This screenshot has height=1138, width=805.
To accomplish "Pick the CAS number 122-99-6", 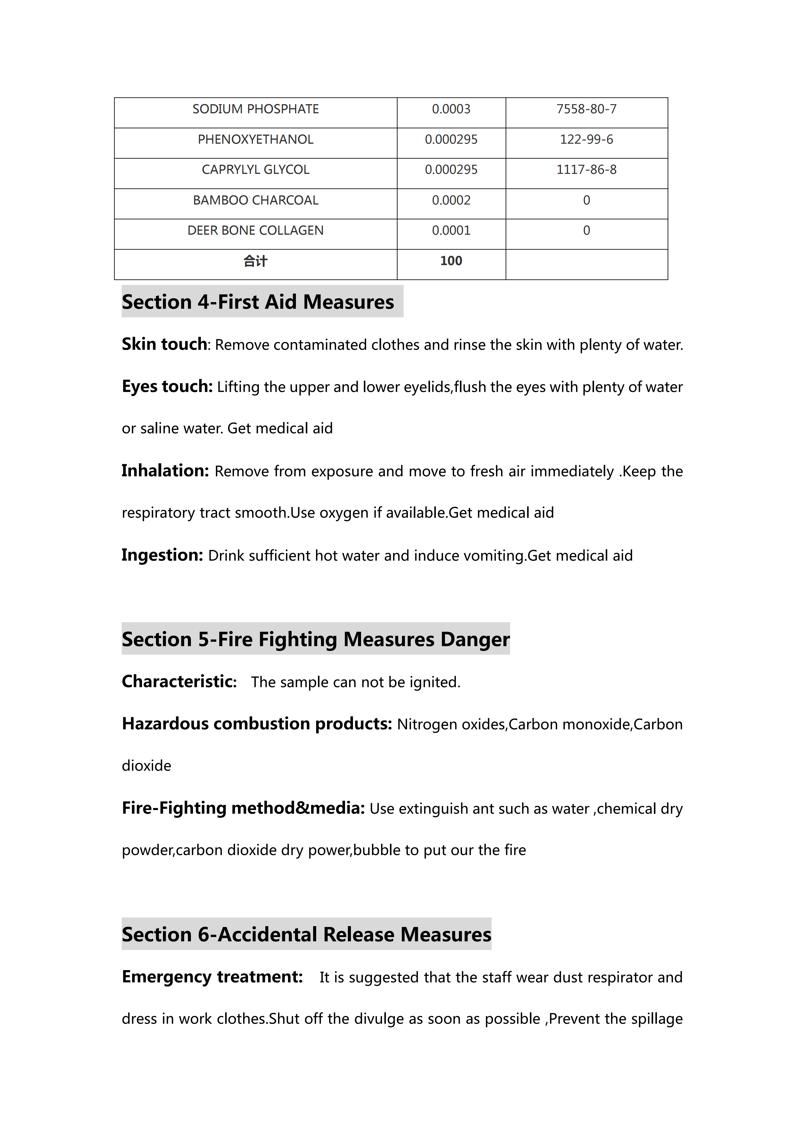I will [x=586, y=139].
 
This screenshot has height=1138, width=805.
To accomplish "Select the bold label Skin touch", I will [x=164, y=344].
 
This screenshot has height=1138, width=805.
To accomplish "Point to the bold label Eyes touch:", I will [x=167, y=386].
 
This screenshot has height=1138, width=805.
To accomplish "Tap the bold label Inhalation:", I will [x=165, y=470].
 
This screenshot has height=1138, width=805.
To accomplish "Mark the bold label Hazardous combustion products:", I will [x=257, y=724].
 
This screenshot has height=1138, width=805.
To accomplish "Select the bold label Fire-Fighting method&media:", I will [x=243, y=808].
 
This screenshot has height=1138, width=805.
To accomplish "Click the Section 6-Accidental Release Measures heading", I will [x=306, y=934].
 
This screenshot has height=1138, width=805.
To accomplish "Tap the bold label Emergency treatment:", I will [x=212, y=976].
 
